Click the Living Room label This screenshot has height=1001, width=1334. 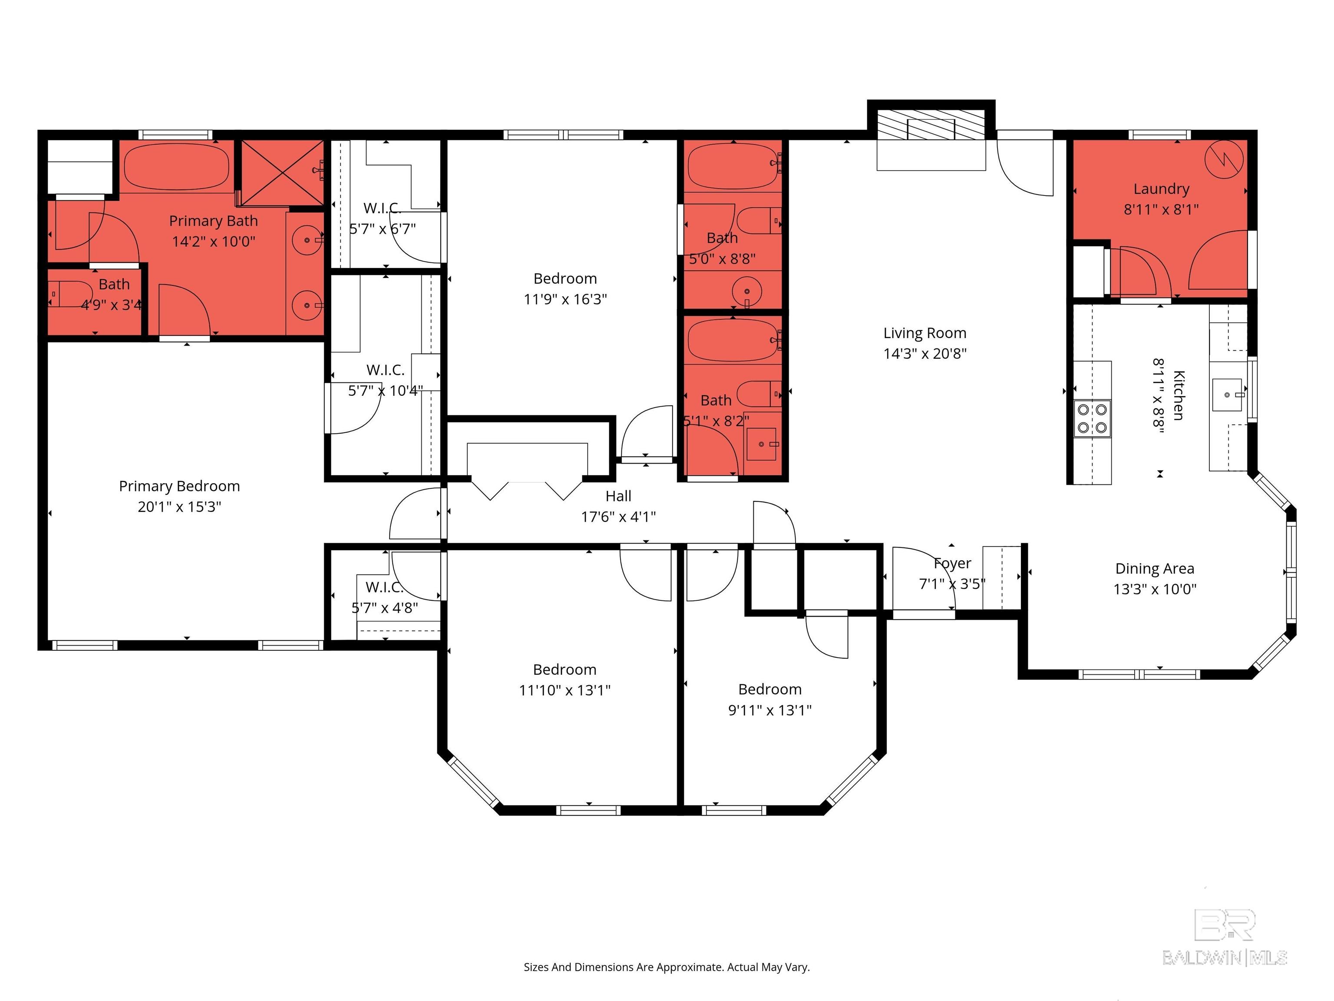pos(925,333)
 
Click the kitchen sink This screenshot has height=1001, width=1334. pos(1227,394)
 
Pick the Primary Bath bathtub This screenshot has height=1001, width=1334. pos(177,166)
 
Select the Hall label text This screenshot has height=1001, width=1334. pos(618,496)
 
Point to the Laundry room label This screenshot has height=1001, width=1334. pos(1161,189)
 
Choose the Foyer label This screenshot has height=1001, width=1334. pos(952,563)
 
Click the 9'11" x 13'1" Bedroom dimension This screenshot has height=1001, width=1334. pos(769,710)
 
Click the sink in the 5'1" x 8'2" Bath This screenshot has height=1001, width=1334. pos(761,444)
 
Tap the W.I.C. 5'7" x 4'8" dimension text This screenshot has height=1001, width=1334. pos(385,608)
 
